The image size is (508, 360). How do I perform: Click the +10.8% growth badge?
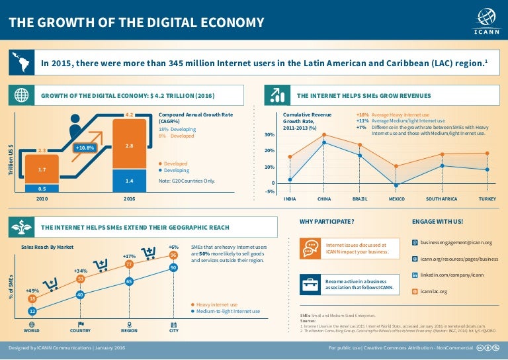click(x=85, y=148)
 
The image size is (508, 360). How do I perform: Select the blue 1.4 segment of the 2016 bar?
click(x=129, y=180)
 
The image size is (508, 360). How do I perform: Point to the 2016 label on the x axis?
click(x=129, y=197)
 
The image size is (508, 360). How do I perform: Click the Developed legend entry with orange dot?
click(x=175, y=163)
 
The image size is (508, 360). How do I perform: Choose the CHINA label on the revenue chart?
click(x=324, y=199)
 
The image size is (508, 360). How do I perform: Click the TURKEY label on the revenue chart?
click(x=487, y=199)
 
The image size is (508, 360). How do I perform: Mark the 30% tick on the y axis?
click(x=270, y=135)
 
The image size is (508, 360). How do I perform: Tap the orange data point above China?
click(x=324, y=134)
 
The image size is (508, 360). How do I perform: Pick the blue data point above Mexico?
click(x=396, y=185)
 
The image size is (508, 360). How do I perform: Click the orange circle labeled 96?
click(x=173, y=255)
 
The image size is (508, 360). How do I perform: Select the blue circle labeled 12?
click(x=32, y=310)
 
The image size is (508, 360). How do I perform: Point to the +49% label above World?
click(x=32, y=291)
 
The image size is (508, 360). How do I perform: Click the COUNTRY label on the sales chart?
click(x=80, y=329)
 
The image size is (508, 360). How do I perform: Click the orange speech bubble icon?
click(x=310, y=248)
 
